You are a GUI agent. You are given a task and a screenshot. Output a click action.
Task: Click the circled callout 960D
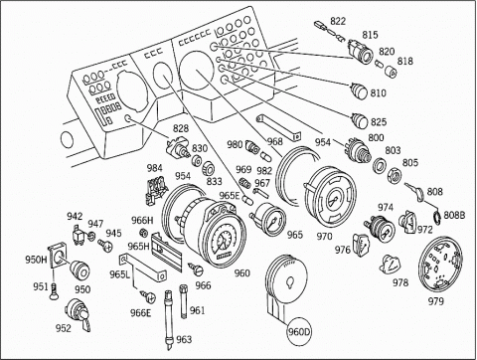click(299, 331)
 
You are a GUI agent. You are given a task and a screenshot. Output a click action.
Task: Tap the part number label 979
click(435, 301)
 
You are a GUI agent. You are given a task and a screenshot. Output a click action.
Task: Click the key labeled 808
click(414, 192)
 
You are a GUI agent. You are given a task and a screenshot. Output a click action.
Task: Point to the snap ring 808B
click(438, 217)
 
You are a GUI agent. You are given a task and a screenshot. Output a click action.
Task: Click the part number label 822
click(338, 21)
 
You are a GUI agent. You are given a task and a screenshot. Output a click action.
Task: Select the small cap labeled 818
click(391, 72)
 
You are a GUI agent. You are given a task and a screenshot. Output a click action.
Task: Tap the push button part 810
click(359, 90)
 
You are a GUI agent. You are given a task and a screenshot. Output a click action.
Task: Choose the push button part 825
click(360, 120)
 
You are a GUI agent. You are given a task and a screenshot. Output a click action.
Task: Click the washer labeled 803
click(380, 166)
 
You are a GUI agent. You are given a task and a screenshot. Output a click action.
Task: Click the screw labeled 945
click(105, 245)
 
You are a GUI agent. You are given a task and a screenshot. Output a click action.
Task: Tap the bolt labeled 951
click(54, 292)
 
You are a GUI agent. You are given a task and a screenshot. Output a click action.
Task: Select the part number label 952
click(63, 328)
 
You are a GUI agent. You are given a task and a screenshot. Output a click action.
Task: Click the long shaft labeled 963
click(169, 320)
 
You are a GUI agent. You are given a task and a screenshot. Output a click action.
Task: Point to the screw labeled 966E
click(147, 296)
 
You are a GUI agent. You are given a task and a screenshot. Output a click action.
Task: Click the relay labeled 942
click(79, 235)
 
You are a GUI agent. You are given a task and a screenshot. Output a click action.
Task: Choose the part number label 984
click(155, 168)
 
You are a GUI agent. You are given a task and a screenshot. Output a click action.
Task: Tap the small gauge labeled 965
click(268, 220)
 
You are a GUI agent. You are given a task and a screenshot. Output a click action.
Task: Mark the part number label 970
click(324, 237)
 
